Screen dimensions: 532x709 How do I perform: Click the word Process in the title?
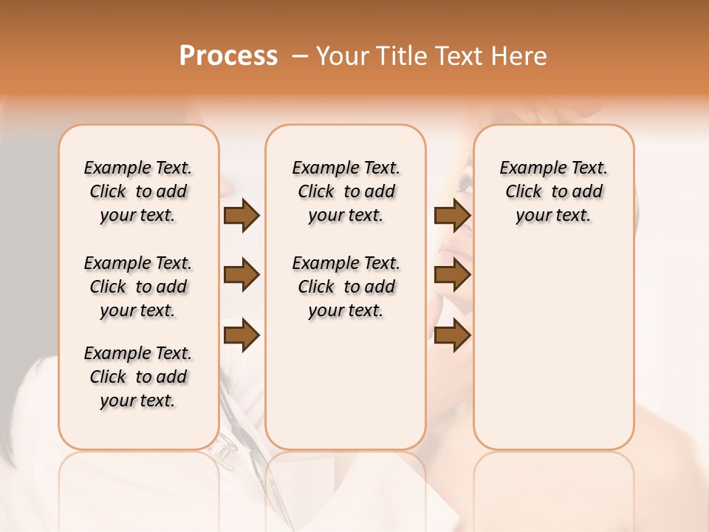(x=228, y=56)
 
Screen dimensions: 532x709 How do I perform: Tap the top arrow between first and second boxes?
(x=242, y=215)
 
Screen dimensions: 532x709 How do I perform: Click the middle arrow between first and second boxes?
(x=242, y=276)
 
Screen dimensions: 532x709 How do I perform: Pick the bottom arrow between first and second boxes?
(x=242, y=335)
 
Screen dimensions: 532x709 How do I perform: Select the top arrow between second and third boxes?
(x=452, y=215)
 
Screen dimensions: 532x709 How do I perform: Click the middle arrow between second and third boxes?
(x=452, y=276)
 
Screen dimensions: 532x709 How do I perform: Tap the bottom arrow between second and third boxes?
(x=452, y=335)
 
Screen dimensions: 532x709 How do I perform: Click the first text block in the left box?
(x=138, y=191)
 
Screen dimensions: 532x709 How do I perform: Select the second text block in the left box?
(x=138, y=287)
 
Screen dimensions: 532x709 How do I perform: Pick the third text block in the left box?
(x=138, y=377)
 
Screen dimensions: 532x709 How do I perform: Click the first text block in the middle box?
(x=346, y=191)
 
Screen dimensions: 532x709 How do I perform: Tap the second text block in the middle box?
(x=346, y=287)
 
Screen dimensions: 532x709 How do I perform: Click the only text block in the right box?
(x=553, y=191)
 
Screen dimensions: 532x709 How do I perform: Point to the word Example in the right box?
(x=526, y=168)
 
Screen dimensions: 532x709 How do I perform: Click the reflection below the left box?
(x=139, y=480)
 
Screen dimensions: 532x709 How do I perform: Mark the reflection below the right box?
(x=553, y=480)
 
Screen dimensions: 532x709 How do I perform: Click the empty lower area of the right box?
(x=553, y=355)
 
